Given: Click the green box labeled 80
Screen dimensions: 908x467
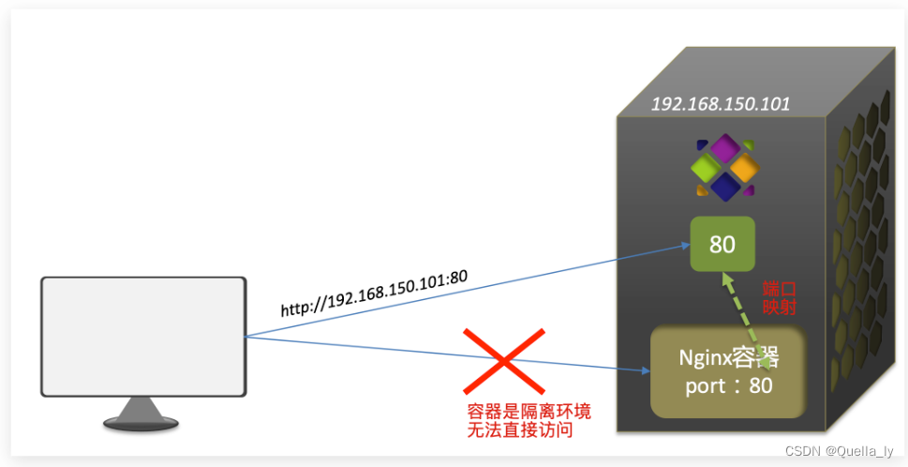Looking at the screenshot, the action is pos(722,245).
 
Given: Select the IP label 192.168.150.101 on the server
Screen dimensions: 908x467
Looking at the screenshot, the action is pos(720,104).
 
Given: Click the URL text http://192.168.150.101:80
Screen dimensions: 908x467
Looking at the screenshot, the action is pos(375,292).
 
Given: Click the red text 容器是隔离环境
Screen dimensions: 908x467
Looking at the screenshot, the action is pos(528,412).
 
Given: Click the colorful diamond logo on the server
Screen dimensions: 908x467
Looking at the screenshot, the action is pos(722,167).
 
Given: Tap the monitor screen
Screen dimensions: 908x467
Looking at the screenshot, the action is pos(142,336).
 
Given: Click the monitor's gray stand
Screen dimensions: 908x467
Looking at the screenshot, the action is pos(141,414).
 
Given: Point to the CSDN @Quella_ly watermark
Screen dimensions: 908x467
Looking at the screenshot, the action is pos(839,452).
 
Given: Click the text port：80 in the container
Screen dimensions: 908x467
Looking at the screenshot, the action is pos(729,384).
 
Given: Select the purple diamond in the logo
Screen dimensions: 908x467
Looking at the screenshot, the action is pos(723,147).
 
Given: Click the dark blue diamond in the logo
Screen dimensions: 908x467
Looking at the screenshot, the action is pos(723,187).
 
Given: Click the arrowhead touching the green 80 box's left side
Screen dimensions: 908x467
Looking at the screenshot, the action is pos(685,248).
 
